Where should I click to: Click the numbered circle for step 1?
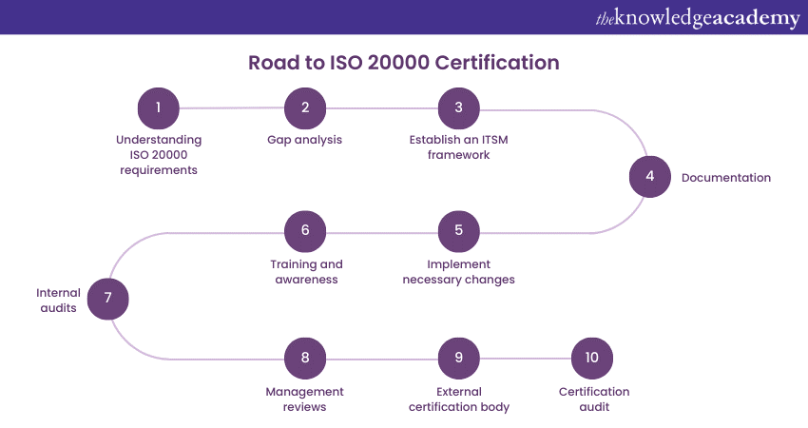[159, 107]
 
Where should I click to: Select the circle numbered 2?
[305, 107]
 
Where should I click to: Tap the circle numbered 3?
[458, 107]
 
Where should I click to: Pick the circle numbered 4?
[650, 176]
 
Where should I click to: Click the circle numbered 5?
[458, 230]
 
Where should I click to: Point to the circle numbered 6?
[305, 230]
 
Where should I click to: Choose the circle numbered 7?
[108, 299]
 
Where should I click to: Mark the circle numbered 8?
[305, 358]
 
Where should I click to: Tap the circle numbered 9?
[458, 358]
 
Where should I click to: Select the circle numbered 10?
[592, 358]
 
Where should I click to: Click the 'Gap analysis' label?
[305, 140]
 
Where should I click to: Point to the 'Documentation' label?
[726, 178]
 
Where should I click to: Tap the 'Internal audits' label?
[58, 300]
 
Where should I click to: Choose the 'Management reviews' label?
[305, 399]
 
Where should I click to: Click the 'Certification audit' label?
[594, 399]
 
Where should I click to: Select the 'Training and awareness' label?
[305, 272]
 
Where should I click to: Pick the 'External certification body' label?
[458, 399]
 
